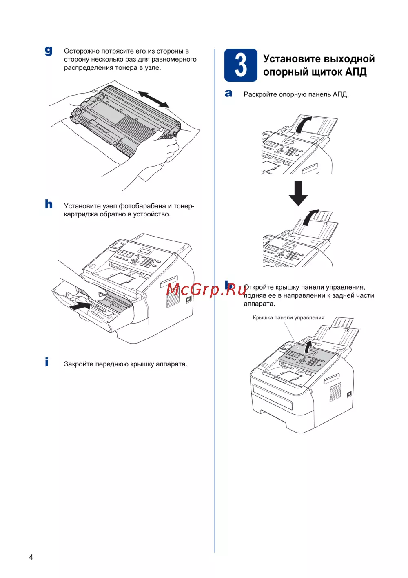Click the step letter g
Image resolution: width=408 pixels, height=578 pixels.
click(49, 51)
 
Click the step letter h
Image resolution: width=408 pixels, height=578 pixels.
click(49, 204)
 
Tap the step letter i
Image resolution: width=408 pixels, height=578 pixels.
click(47, 362)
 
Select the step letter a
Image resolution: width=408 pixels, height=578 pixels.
click(228, 94)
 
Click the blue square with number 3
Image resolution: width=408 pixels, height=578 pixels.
click(241, 65)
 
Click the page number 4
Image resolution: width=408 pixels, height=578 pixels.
click(31, 557)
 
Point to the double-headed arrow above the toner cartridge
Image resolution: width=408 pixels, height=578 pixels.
click(153, 100)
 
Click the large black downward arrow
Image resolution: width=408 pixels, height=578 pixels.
click(298, 194)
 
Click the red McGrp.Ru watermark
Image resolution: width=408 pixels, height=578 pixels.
click(206, 290)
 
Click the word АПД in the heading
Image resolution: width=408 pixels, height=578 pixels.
click(356, 72)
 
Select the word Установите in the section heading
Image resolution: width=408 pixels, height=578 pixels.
click(292, 59)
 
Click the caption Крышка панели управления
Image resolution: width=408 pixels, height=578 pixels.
click(288, 318)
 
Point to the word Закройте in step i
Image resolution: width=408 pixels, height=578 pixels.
click(79, 364)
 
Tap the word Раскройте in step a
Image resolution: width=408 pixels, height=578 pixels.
click(260, 94)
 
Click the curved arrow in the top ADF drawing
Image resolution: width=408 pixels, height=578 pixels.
click(303, 123)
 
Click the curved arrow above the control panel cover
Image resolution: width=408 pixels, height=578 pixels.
click(308, 346)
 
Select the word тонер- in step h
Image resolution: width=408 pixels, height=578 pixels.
click(184, 206)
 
